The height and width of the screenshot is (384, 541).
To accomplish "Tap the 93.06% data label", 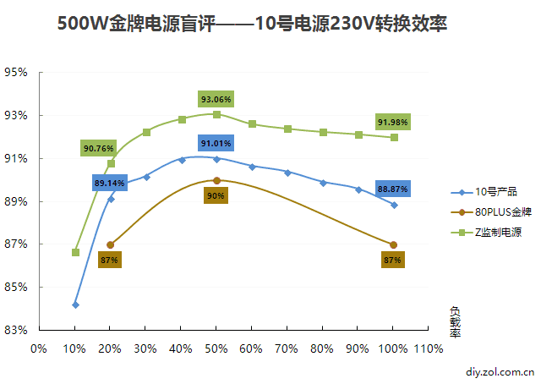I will pyautogui.click(x=216, y=99).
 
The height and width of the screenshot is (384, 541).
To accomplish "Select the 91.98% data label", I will pyautogui.click(x=393, y=122).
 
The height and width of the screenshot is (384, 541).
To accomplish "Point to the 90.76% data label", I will pyautogui.click(x=98, y=148).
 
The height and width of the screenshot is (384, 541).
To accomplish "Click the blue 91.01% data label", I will pyautogui.click(x=216, y=143).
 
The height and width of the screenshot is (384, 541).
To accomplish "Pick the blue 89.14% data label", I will pyautogui.click(x=110, y=182).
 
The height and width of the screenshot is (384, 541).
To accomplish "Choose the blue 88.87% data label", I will pyautogui.click(x=393, y=188).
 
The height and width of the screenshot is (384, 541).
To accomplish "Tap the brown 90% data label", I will pyautogui.click(x=216, y=195).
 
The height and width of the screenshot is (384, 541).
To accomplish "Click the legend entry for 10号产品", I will pyautogui.click(x=495, y=192).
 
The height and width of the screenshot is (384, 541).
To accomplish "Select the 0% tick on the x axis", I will pyautogui.click(x=39, y=348).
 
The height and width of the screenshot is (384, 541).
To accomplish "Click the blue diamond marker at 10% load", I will pyautogui.click(x=75, y=304).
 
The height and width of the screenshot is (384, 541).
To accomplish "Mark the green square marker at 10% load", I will pyautogui.click(x=75, y=252).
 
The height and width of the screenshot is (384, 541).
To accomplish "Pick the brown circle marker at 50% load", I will pyautogui.click(x=216, y=180).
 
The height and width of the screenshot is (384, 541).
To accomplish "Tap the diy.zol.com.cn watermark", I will pyautogui.click(x=500, y=370).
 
